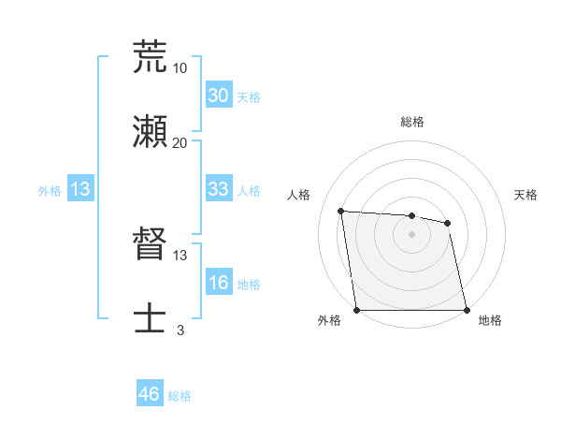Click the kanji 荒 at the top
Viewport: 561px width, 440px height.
150,57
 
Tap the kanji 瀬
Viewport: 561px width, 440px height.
150,131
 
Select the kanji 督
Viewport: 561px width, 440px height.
150,245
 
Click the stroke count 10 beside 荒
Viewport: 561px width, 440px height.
180,67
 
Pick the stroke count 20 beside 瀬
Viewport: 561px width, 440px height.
180,142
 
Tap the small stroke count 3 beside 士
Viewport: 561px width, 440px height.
180,330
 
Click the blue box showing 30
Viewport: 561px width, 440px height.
218,95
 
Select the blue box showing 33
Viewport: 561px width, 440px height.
218,189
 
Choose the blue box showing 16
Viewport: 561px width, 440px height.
218,283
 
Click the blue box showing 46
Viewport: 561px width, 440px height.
150,394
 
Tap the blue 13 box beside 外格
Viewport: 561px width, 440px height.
80,189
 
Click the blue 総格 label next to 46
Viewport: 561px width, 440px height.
180,396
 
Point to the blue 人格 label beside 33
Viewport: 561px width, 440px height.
249,191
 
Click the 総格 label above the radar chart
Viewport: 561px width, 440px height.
412,122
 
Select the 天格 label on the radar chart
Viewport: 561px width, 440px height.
526,195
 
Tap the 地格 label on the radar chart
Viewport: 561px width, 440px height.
490,320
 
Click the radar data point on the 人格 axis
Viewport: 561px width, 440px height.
341,211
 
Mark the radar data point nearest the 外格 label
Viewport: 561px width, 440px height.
357,310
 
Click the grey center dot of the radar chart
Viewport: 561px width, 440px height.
412,234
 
